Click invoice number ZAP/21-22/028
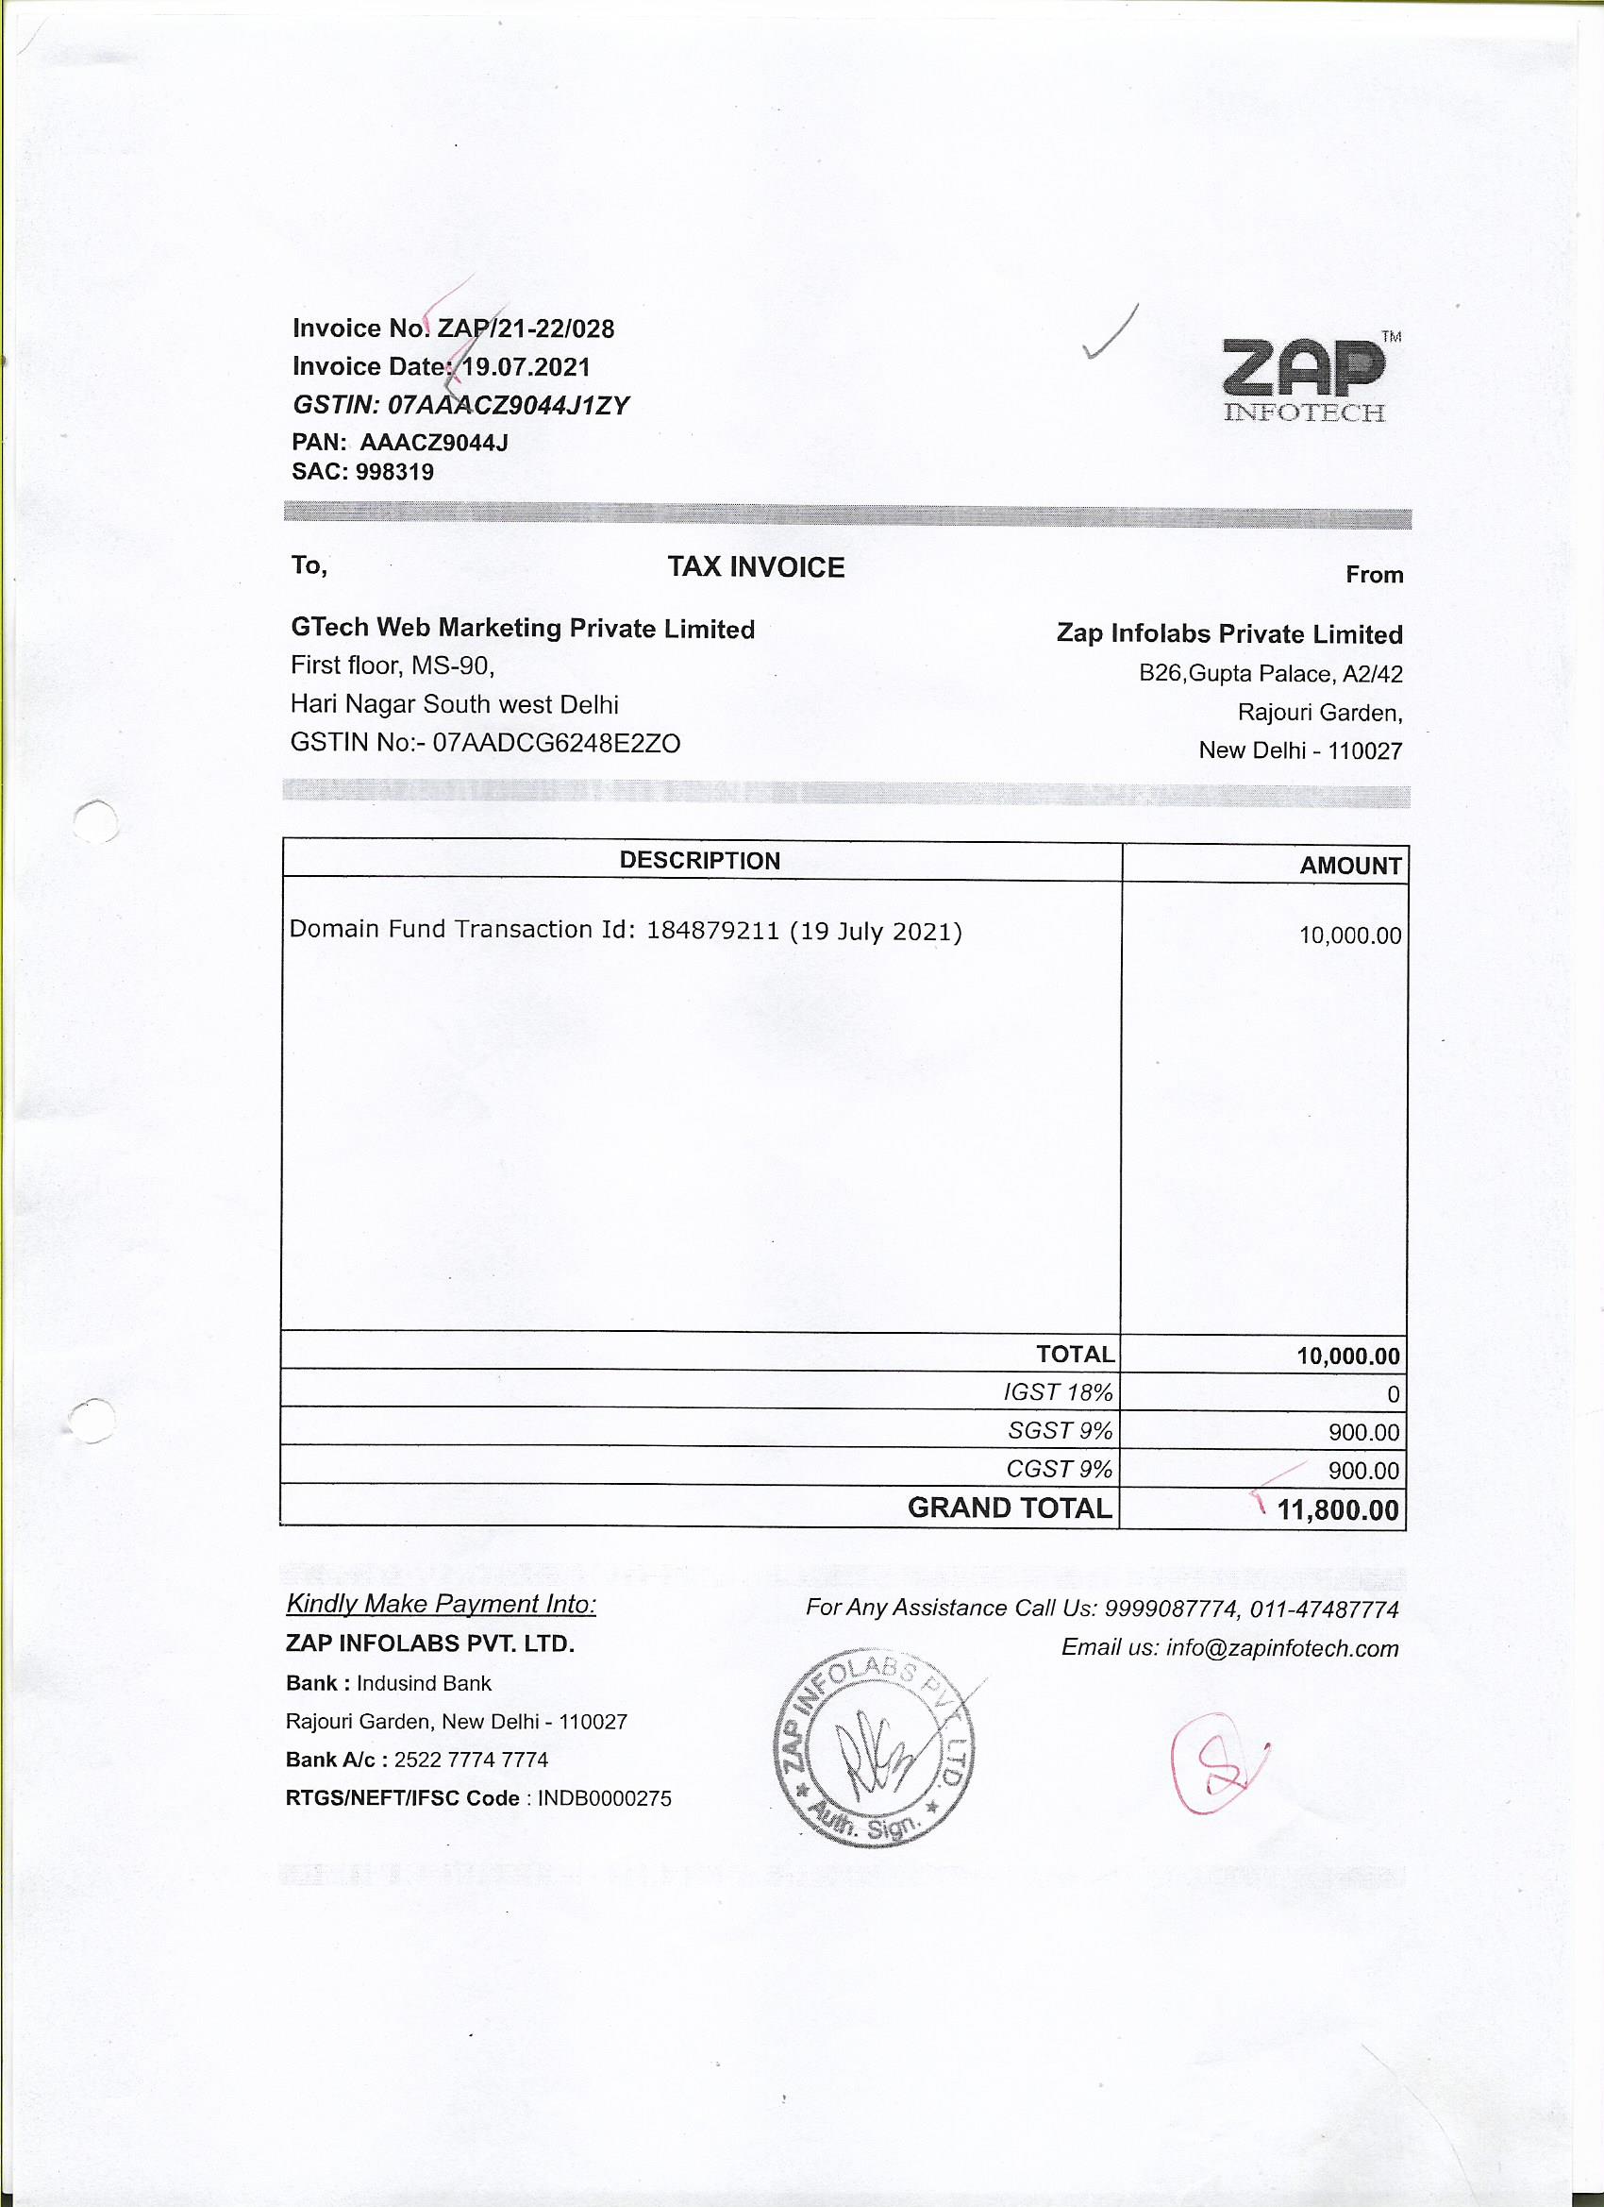pyautogui.click(x=526, y=329)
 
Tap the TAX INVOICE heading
pyautogui.click(x=756, y=567)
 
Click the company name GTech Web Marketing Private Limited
pyautogui.click(x=523, y=629)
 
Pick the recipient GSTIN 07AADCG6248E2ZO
pyautogui.click(x=557, y=744)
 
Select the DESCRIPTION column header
pyautogui.click(x=699, y=861)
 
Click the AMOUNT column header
pyautogui.click(x=1350, y=866)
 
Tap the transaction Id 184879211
pyautogui.click(x=713, y=931)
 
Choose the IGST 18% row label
pyautogui.click(x=1058, y=1392)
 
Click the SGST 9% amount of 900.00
pyautogui.click(x=1363, y=1432)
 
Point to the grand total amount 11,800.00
pyautogui.click(x=1339, y=1510)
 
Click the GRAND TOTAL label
pyautogui.click(x=1009, y=1508)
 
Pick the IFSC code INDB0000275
pyautogui.click(x=604, y=1798)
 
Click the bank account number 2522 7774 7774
pyautogui.click(x=471, y=1760)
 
